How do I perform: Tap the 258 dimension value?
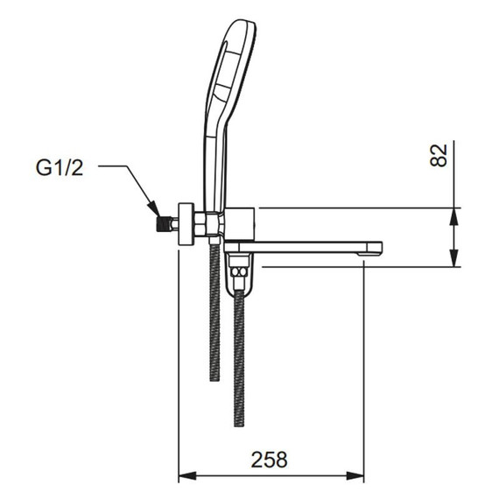pyautogui.click(x=270, y=459)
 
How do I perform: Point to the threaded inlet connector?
pyautogui.click(x=160, y=221)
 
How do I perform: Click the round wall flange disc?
pyautogui.click(x=186, y=221)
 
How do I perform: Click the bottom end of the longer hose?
pyautogui.click(x=238, y=425)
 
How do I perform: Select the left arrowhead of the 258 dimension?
pyautogui.click(x=185, y=477)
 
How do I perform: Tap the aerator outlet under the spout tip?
pyautogui.click(x=363, y=256)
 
